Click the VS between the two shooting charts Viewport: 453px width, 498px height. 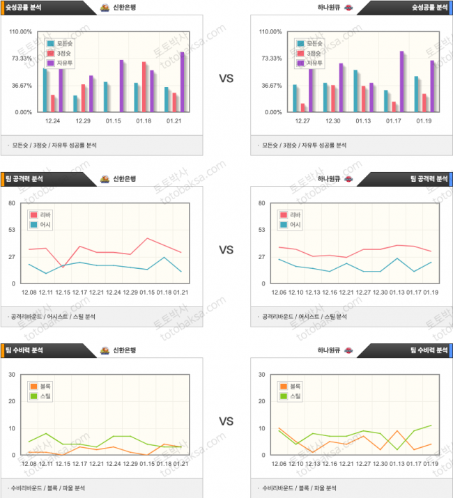226,78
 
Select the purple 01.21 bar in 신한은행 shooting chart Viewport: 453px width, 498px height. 183,82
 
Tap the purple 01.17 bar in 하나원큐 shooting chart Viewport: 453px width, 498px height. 401,81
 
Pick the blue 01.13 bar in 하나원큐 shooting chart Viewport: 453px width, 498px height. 356,91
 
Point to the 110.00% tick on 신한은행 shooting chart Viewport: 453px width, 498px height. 20,32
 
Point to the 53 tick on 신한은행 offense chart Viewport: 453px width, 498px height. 12,230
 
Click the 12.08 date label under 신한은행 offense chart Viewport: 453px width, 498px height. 29,292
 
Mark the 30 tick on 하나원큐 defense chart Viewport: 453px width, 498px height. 261,375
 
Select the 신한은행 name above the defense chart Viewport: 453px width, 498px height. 124,350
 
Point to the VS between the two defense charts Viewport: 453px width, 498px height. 226,421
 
